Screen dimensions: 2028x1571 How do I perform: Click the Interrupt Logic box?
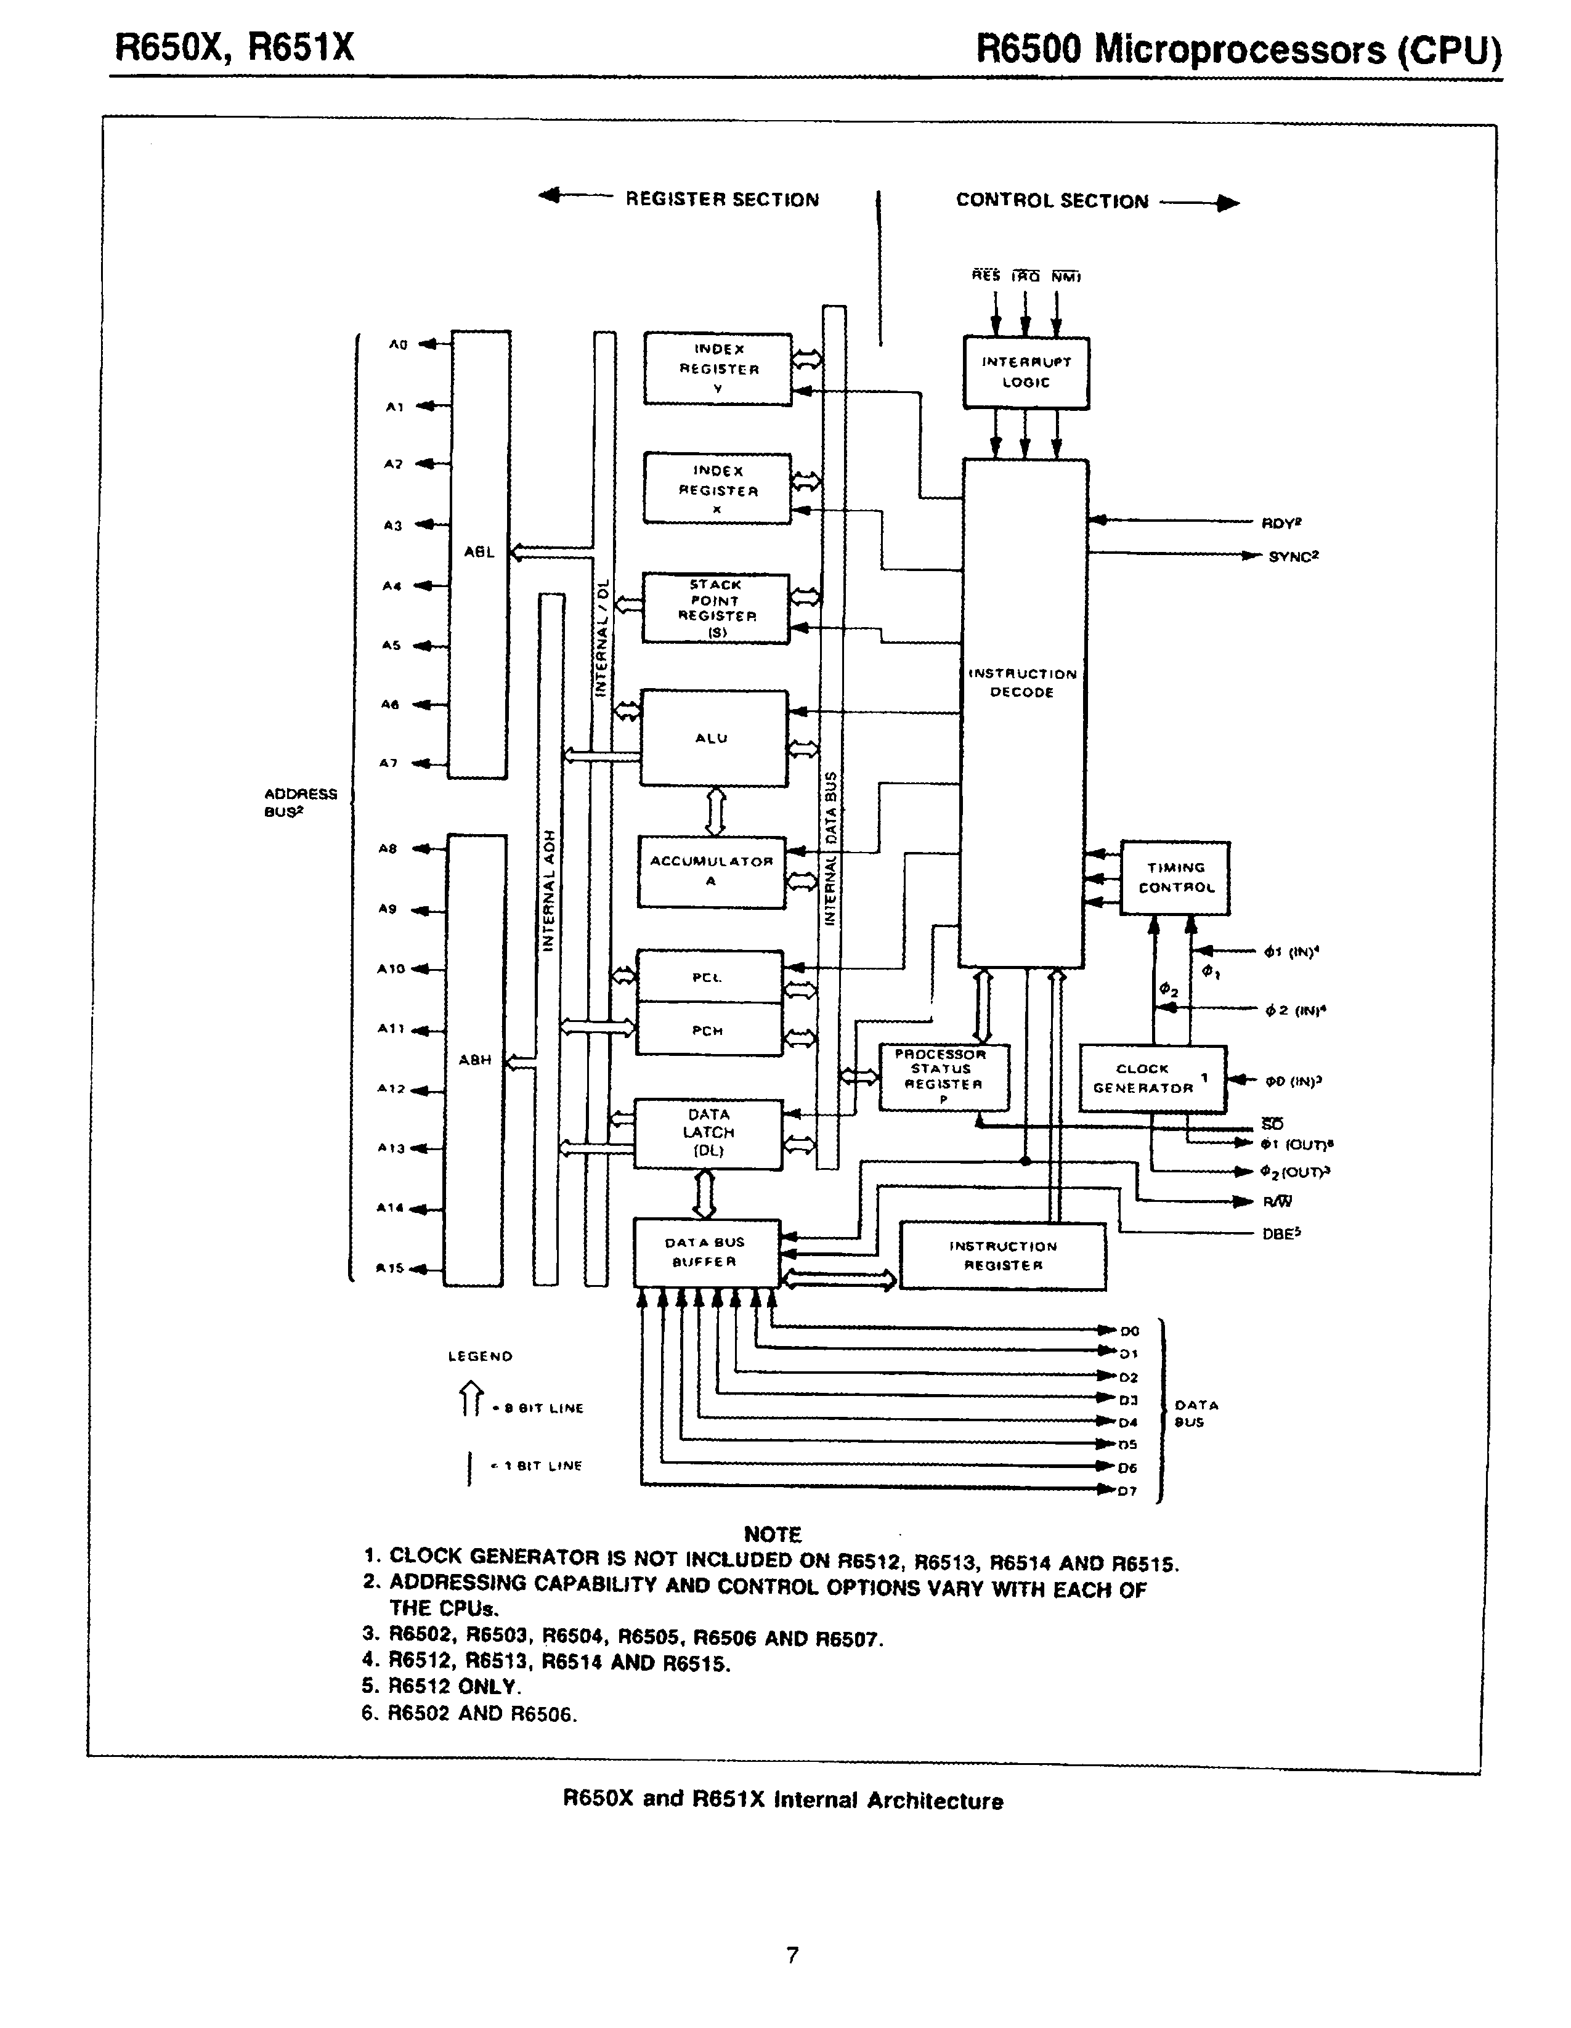point(1025,372)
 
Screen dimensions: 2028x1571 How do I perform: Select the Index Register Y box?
point(718,368)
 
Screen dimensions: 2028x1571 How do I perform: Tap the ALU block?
point(713,738)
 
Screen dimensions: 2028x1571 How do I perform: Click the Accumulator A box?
point(711,871)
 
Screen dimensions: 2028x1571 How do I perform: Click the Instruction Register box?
point(1003,1256)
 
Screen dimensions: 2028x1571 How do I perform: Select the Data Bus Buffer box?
point(705,1252)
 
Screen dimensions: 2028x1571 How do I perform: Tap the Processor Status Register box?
point(943,1077)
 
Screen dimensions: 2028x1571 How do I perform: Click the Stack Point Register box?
point(716,608)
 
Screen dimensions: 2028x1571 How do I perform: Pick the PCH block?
point(708,1030)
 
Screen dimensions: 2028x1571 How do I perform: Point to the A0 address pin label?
point(397,344)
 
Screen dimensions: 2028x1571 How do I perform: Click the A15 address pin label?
point(389,1268)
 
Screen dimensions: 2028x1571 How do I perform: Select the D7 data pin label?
point(1128,1491)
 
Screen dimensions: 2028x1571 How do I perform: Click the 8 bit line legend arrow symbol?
point(472,1400)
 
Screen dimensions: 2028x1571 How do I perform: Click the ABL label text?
point(479,551)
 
